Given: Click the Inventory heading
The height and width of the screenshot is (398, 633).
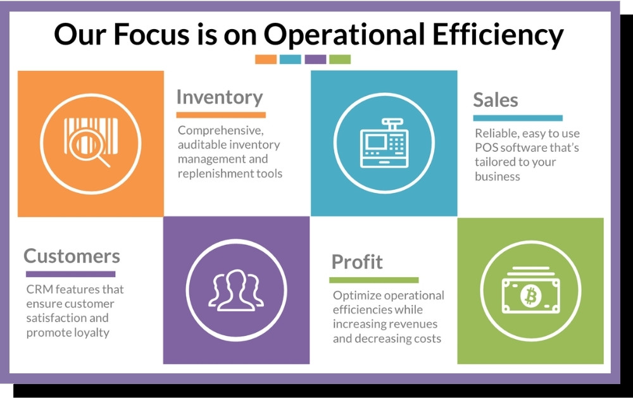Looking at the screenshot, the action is click(x=220, y=98).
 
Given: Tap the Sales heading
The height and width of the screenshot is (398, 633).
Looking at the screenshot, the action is click(x=496, y=100).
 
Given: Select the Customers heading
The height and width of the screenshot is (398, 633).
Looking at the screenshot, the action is click(x=72, y=256).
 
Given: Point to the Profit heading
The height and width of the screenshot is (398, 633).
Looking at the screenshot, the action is click(x=357, y=262).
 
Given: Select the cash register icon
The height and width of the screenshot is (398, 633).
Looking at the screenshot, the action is click(x=384, y=143).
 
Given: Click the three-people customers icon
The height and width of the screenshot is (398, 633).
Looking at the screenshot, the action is click(x=236, y=290).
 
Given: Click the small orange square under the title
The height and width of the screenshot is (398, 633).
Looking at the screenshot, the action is click(x=266, y=59).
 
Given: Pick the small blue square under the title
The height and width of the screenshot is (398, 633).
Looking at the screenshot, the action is click(x=291, y=59).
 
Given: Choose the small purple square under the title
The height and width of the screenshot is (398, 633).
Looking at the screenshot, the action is click(x=315, y=59).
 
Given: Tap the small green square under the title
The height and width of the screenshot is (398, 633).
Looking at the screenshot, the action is click(x=340, y=59).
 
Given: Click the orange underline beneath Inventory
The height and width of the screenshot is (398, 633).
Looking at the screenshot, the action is click(x=221, y=115).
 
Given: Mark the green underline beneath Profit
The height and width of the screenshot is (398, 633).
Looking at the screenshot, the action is click(x=374, y=280).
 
